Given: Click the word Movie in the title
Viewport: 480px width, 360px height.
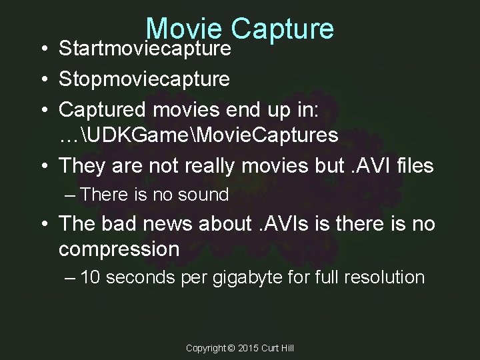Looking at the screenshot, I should [185, 28].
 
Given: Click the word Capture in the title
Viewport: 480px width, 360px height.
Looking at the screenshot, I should [283, 28].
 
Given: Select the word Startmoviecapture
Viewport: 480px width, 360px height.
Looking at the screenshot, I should [145, 49].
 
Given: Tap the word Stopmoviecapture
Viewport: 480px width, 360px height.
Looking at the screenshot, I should [145, 79].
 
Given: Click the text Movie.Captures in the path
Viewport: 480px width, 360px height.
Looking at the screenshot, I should [263, 135].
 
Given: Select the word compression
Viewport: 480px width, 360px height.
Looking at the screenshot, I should [119, 249].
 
